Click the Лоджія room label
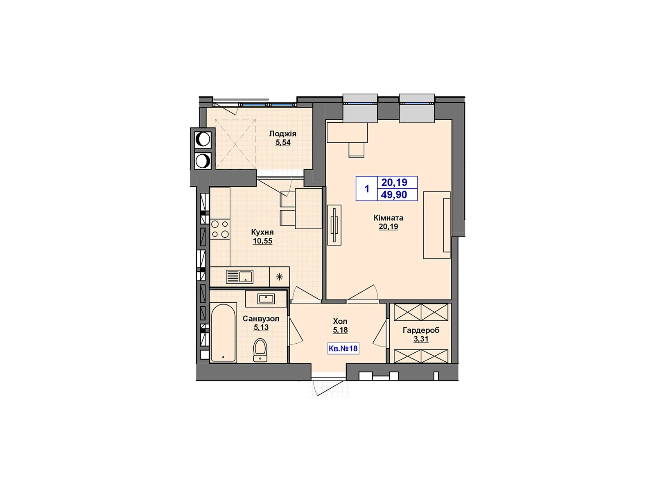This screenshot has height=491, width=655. coord(282,134)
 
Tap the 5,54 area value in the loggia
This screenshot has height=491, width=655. coord(283,143)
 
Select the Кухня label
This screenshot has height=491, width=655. coord(262,232)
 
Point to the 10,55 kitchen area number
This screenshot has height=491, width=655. coord(262,241)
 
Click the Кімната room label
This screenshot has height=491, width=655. coord(388,218)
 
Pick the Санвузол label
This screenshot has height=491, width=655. coord(261,318)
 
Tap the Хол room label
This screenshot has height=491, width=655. coord(340,321)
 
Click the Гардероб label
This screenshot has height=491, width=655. coord(421,330)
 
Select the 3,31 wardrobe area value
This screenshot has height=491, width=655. coord(421,339)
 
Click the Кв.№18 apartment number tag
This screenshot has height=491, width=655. coord(343,349)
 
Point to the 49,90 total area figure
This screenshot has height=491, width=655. coord(394,195)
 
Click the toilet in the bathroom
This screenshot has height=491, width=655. coord(260,351)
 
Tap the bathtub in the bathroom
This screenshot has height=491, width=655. coord(223,332)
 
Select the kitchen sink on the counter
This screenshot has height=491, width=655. coord(239,277)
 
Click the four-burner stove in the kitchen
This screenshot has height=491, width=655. coord(220,229)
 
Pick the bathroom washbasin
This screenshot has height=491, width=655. coord(266,299)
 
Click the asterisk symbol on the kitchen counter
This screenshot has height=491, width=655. coord(279,277)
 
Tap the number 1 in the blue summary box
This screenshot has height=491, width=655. coord(367,189)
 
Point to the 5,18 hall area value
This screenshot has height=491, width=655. coord(340,330)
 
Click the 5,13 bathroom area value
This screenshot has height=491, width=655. coord(261,327)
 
